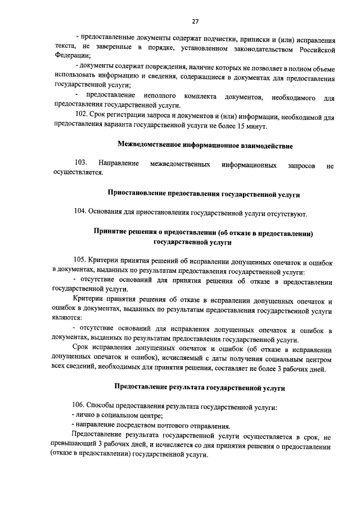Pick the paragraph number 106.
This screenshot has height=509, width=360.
(x=81, y=406)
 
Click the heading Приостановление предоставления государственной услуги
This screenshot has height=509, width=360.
(x=204, y=194)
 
